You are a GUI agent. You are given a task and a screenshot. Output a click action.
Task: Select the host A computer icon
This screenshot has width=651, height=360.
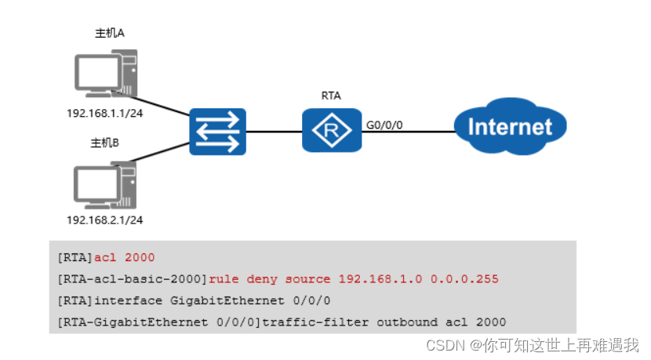105,73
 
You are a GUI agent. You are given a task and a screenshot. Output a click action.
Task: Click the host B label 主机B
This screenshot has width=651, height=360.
104,143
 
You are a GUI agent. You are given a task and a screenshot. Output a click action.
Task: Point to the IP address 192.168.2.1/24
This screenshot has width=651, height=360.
109,221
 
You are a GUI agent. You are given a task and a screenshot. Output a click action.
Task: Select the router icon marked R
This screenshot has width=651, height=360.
332,130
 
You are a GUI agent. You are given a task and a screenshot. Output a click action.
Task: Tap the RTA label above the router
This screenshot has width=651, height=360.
331,96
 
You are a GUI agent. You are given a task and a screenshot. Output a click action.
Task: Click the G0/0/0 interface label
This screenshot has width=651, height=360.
386,124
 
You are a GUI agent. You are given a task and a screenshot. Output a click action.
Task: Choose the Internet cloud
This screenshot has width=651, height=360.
510,126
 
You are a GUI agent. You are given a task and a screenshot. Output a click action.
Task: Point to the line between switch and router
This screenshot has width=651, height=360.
275,131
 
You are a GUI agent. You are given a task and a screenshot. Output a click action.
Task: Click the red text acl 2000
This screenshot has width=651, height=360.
125,257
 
